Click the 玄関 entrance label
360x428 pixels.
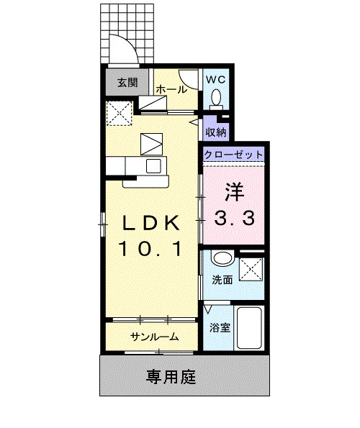[125, 83]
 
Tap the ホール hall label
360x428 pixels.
[171, 90]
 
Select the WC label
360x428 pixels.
[216, 78]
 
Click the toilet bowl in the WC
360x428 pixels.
[216, 96]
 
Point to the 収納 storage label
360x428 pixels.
[216, 132]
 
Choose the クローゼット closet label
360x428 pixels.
[233, 155]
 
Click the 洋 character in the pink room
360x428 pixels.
[233, 193]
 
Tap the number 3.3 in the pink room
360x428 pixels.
[233, 219]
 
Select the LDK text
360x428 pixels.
[150, 222]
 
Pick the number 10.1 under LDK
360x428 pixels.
[150, 250]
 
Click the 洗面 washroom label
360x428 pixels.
[222, 279]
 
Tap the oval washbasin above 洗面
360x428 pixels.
[222, 259]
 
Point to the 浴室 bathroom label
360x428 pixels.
[219, 328]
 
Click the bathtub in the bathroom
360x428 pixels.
[250, 329]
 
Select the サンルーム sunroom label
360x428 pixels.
[154, 337]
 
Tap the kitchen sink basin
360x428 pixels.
[154, 166]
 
